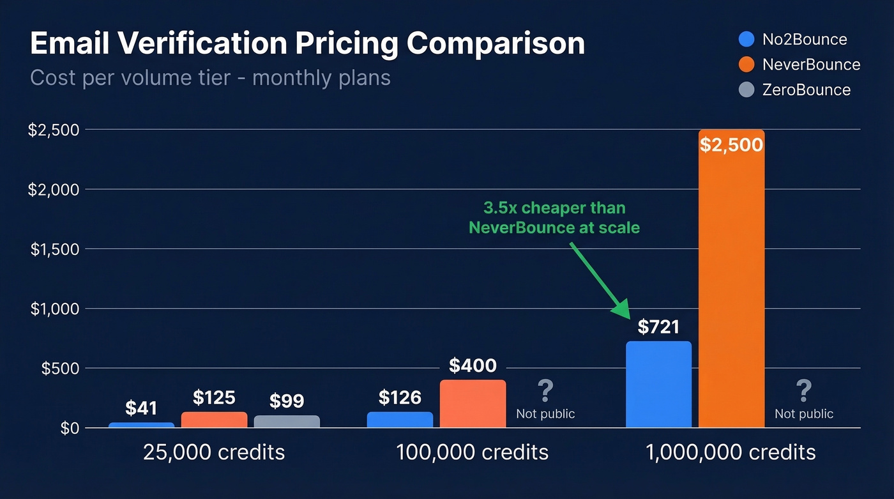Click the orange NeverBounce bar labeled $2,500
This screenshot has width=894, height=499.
(731, 281)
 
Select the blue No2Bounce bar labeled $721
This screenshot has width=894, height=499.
(658, 384)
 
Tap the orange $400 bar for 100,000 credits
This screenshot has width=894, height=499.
(473, 404)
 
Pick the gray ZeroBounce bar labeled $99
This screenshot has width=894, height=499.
(287, 422)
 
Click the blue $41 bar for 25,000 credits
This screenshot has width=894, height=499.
(141, 425)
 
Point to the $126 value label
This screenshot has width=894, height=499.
(400, 397)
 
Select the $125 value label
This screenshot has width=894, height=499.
(214, 397)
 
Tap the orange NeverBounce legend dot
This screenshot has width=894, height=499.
(746, 65)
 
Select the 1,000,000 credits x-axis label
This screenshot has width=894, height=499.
(731, 452)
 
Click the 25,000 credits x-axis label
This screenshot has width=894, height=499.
(214, 452)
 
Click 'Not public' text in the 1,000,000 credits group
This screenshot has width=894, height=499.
(804, 414)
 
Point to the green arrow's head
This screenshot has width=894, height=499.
(622, 311)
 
